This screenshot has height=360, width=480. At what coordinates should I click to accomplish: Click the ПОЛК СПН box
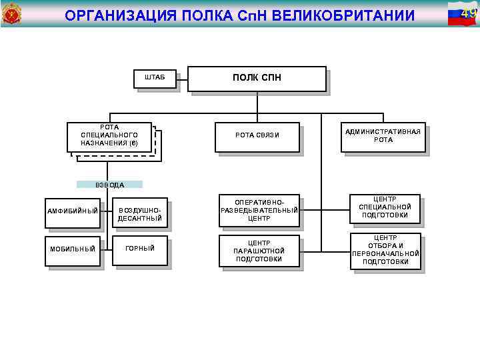pyautogui.click(x=257, y=79)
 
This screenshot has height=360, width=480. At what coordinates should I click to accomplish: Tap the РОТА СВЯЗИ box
pyautogui.click(x=257, y=136)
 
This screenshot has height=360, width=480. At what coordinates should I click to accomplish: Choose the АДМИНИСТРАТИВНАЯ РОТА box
pyautogui.click(x=383, y=136)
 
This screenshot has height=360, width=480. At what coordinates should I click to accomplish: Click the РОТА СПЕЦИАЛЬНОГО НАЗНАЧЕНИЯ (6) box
pyautogui.click(x=110, y=135)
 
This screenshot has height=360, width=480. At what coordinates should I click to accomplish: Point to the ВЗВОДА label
pyautogui.click(x=109, y=185)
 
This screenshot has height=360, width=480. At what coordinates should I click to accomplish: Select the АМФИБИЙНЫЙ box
pyautogui.click(x=73, y=211)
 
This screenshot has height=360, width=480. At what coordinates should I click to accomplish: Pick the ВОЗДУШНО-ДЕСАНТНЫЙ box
pyautogui.click(x=139, y=213)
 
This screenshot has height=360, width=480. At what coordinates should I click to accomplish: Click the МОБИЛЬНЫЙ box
pyautogui.click(x=73, y=249)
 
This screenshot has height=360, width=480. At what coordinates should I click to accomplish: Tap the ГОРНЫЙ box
pyautogui.click(x=139, y=248)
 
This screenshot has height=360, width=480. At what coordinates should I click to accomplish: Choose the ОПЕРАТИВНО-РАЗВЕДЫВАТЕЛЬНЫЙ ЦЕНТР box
pyautogui.click(x=259, y=210)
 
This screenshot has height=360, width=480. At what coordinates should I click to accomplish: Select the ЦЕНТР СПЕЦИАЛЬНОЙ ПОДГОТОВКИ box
pyautogui.click(x=385, y=207)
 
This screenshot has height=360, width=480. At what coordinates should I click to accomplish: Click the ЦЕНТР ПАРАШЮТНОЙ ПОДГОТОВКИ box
pyautogui.click(x=259, y=251)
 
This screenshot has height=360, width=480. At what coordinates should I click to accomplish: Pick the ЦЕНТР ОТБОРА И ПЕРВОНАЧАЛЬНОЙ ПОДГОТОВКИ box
pyautogui.click(x=385, y=250)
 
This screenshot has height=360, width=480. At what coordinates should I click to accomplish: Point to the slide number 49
pyautogui.click(x=469, y=13)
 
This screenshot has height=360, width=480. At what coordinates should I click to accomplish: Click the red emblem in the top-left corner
pyautogui.click(x=12, y=13)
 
